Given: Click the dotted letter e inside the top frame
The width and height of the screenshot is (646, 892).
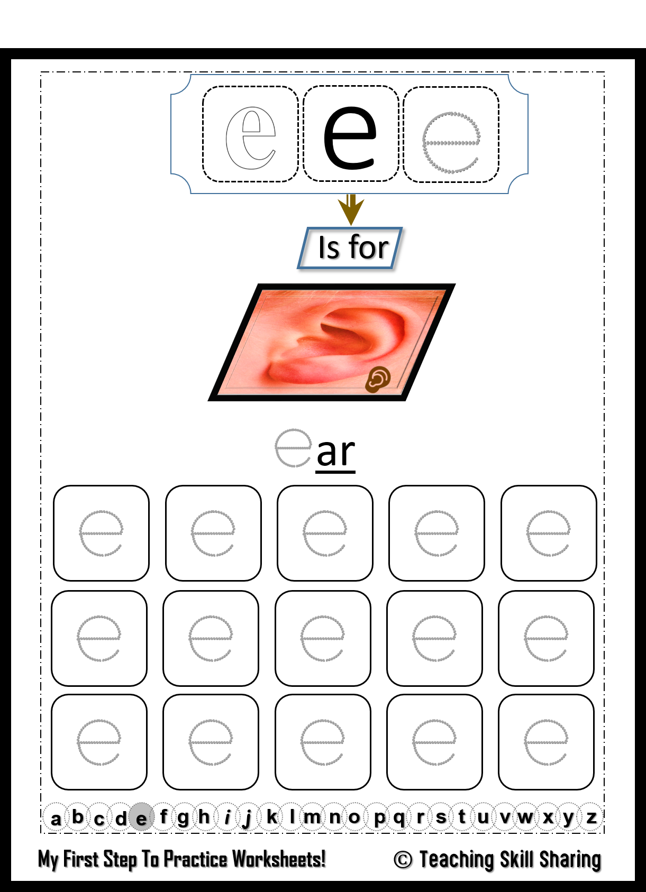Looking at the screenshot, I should tap(451, 142).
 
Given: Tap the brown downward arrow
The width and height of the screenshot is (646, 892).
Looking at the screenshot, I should tap(351, 209).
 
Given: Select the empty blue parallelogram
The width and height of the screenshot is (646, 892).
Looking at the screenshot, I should tap(350, 248).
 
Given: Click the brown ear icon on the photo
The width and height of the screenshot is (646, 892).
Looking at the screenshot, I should tap(378, 379).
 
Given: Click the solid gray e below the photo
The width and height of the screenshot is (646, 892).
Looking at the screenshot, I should tap(293, 448).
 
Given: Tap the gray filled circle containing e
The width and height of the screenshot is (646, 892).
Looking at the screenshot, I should tap(141, 817).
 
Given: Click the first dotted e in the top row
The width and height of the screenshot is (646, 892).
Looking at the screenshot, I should tap(101, 533).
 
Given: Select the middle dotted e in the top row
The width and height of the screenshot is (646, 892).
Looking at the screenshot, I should tap(325, 533).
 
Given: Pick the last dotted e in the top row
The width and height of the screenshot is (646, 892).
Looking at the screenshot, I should tap(548, 533).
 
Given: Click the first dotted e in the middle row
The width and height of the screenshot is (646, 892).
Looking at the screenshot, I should tap(99, 638).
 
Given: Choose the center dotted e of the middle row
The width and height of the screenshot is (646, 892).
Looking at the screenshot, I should tap(323, 638).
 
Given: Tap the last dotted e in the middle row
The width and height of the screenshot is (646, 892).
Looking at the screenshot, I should tap(546, 638).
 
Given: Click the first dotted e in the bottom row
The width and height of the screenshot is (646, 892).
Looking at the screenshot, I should tap(99, 742).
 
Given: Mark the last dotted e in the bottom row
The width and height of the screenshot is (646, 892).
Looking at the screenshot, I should tap(546, 742).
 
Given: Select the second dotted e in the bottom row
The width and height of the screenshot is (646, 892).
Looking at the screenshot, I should tap(211, 742).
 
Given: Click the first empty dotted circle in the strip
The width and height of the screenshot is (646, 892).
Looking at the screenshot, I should tap(56, 817).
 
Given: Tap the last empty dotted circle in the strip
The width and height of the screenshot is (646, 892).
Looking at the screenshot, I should tap(589, 817).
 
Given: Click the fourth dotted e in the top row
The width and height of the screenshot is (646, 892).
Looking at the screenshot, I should tap(436, 533).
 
